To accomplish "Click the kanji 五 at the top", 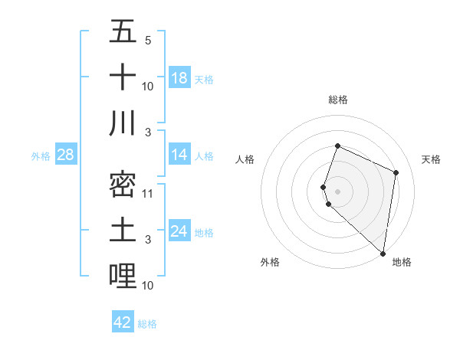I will click(123, 32).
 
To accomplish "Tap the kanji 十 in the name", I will click(123, 77).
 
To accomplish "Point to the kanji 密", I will click(123, 185).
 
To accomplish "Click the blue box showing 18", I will click(179, 77).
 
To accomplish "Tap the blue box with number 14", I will click(179, 155).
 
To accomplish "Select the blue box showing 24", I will click(179, 231).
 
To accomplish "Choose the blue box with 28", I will click(66, 155).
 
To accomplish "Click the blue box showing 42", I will click(123, 322).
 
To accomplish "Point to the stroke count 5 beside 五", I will click(148, 40).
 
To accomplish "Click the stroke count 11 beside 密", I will click(148, 193).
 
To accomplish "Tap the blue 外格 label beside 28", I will click(41, 156).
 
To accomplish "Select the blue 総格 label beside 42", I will click(147, 324).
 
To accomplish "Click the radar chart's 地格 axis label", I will click(402, 262).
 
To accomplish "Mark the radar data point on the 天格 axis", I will click(396, 172).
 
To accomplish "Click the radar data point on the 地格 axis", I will click(383, 254).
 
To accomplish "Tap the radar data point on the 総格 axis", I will click(337, 146).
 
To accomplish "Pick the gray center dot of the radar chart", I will click(337, 191).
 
